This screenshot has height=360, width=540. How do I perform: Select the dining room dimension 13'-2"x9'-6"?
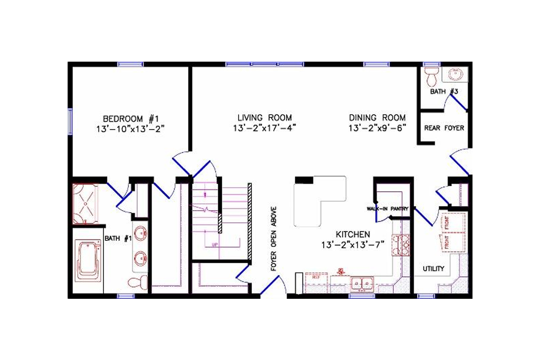(x=377, y=128)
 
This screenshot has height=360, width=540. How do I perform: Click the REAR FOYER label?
(x=444, y=128)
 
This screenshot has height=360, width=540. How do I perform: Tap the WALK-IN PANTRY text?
(x=387, y=209)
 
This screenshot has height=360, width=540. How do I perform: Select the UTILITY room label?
(x=433, y=269)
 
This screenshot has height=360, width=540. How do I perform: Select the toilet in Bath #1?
(x=138, y=283)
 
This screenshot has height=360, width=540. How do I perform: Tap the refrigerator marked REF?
(x=315, y=283)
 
